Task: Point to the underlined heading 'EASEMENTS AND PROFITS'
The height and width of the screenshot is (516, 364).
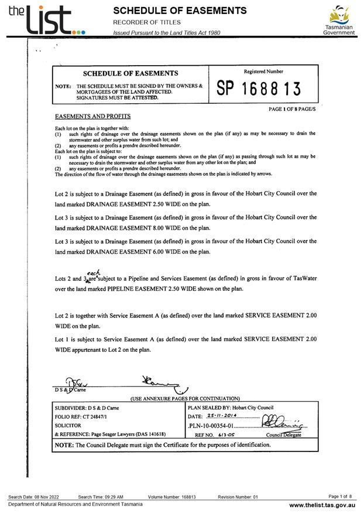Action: (92, 116)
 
